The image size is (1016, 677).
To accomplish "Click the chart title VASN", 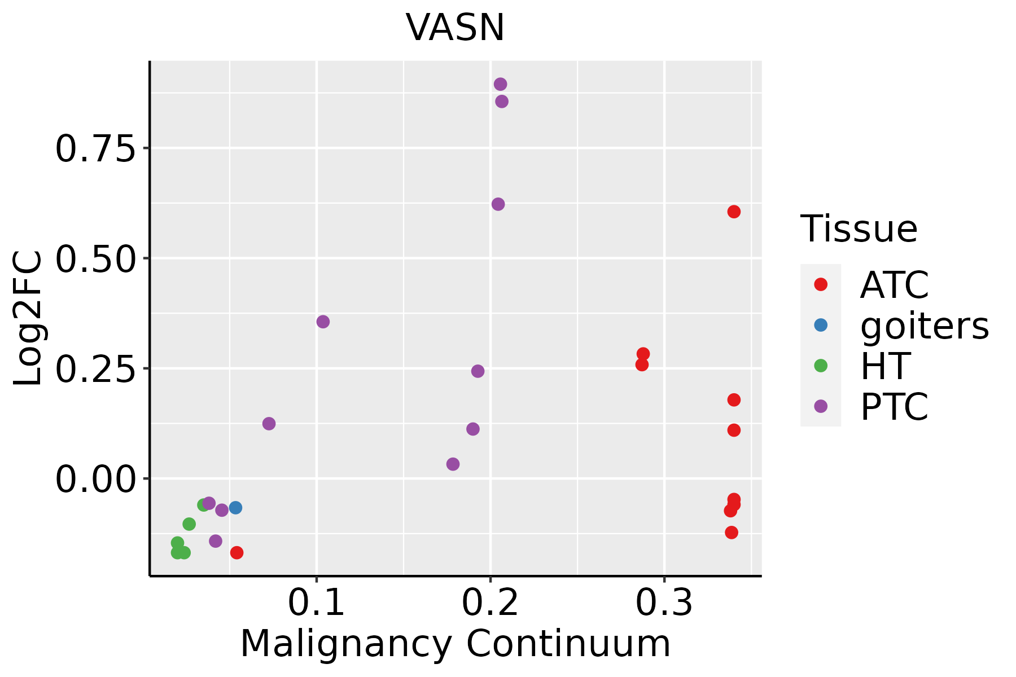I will click(454, 28).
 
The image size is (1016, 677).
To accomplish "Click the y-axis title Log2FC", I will click(28, 318).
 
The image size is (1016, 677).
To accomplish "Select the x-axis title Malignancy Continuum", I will click(455, 644).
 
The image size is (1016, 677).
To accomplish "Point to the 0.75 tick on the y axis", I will click(96, 149).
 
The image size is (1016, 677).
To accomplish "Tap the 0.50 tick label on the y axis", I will click(96, 259).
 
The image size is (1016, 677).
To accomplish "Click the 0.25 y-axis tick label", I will click(96, 370).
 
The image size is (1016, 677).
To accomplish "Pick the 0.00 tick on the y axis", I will click(96, 480).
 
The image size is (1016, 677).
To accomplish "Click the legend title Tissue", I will click(859, 229).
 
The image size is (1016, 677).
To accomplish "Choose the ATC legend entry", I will click(894, 285).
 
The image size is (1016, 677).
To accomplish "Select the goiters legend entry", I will click(924, 326).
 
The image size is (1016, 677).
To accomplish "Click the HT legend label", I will click(885, 366).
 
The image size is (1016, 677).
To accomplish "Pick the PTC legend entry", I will click(894, 407).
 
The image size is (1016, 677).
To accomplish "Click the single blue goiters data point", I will click(235, 508).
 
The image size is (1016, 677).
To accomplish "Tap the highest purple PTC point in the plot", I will click(500, 84).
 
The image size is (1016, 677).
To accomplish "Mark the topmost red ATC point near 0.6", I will click(734, 212).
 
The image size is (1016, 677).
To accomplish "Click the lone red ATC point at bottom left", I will click(237, 552).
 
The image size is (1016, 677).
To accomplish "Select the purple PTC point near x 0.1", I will click(323, 322).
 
